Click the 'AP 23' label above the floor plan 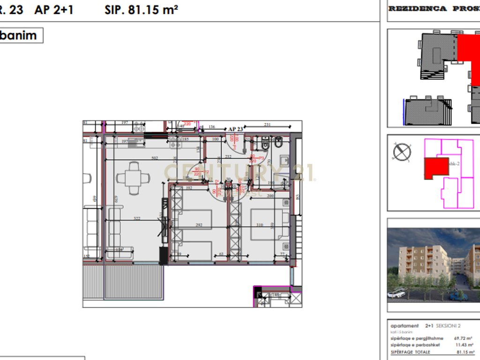click(235, 128)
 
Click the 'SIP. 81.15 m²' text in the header click(141, 10)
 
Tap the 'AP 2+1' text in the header click(54, 10)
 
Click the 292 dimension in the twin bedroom click(199, 225)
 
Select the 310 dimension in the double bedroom click(260, 225)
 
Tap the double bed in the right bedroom click(270, 224)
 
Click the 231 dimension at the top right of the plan click(268, 125)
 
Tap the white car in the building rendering click(397, 293)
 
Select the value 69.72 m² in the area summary click(462, 337)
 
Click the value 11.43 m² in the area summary click(462, 345)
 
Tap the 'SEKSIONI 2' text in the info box click(449, 326)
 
